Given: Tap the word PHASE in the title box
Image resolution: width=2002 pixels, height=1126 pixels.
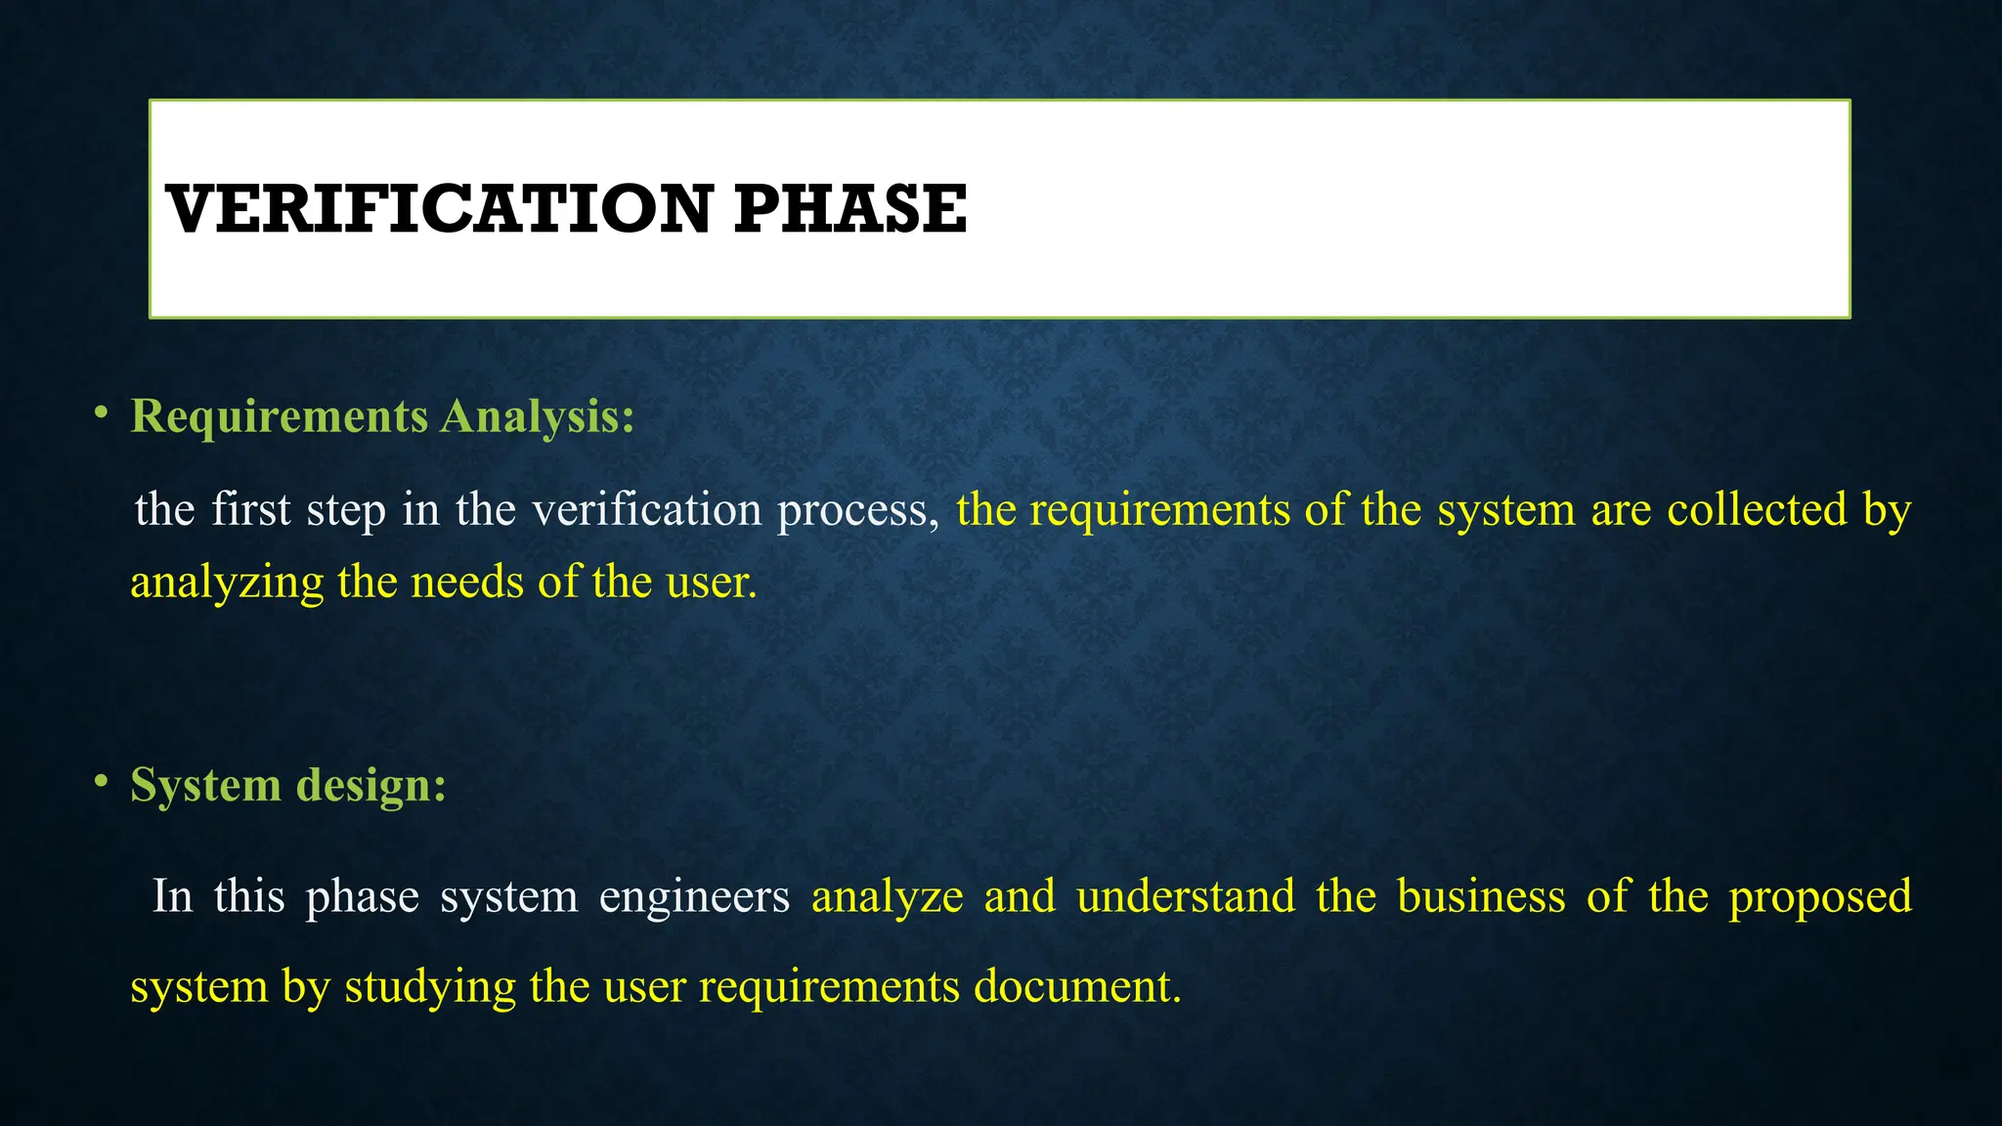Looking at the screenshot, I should [x=850, y=209].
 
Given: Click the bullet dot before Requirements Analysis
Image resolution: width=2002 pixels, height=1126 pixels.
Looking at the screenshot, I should [x=101, y=413].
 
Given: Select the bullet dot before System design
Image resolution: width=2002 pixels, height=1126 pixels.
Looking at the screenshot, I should [x=101, y=781].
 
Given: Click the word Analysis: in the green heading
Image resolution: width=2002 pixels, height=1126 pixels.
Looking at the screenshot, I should [x=538, y=416].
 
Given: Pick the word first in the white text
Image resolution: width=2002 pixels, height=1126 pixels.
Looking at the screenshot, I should [x=251, y=509].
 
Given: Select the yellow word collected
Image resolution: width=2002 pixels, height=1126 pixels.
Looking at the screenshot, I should [x=1757, y=509].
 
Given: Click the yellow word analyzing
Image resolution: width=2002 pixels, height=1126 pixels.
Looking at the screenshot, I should [x=227, y=584].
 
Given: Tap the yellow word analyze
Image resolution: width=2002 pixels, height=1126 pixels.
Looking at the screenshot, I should [x=887, y=897].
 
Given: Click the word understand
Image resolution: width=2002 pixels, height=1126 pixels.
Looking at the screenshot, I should [x=1186, y=895].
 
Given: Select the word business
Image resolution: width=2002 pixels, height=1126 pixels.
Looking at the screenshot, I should [x=1481, y=895].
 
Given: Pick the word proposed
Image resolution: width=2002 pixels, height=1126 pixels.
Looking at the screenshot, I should [x=1820, y=897].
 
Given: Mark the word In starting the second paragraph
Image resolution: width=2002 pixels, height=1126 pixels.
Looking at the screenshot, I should [x=173, y=895].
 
